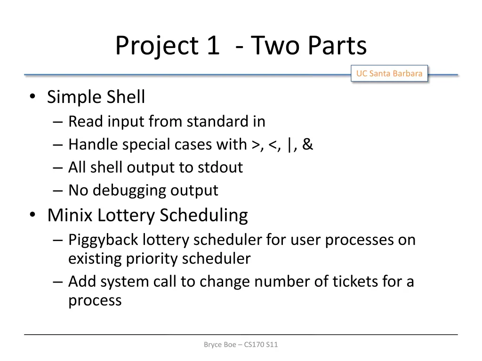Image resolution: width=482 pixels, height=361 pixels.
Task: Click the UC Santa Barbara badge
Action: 389,74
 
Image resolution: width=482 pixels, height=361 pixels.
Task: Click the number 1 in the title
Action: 212,46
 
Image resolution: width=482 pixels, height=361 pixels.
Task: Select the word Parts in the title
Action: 337,46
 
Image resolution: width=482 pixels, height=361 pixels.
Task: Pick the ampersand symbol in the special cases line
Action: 308,144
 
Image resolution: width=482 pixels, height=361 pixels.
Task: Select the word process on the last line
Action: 95,301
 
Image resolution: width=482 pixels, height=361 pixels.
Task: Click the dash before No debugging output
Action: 58,191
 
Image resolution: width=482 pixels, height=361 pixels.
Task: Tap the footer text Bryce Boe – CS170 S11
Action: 241,345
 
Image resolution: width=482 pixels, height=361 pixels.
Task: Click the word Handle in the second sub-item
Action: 93,145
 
